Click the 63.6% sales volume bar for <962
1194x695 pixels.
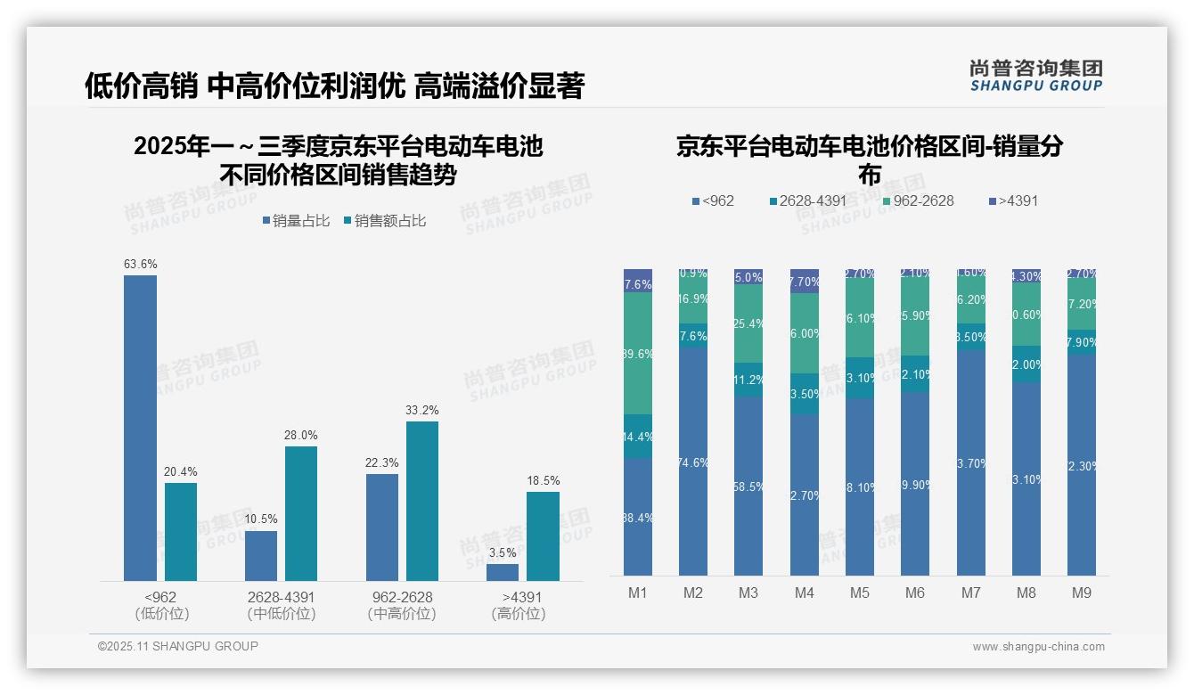[x=140, y=428]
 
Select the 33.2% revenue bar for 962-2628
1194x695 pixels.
[x=422, y=501]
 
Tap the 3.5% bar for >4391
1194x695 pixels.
[x=503, y=572]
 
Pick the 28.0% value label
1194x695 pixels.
[x=301, y=435]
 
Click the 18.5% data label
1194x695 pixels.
[x=544, y=481]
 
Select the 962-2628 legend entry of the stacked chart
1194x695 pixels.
[x=916, y=200]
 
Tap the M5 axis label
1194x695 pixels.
[x=860, y=593]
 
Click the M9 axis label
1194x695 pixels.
[x=1081, y=593]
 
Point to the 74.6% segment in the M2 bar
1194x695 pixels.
[x=693, y=462]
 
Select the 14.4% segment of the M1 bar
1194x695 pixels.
[x=638, y=437]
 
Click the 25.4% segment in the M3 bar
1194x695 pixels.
[x=748, y=323]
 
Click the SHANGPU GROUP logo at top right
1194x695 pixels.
[x=1036, y=76]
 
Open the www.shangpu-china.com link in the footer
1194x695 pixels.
[x=1038, y=647]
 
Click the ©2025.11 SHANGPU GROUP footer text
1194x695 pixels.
[x=178, y=646]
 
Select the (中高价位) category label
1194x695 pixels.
[x=402, y=614]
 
